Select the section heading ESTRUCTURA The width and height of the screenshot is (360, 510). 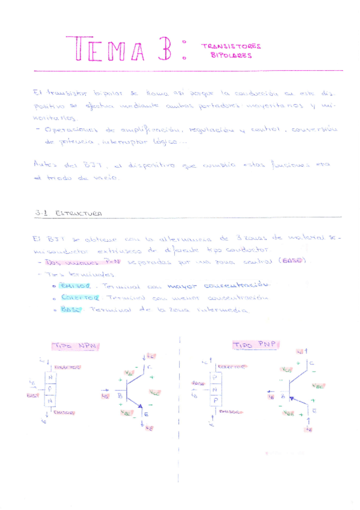(x=78, y=214)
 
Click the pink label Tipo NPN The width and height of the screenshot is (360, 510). (x=76, y=346)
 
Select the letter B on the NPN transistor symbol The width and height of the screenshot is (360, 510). (x=120, y=396)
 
